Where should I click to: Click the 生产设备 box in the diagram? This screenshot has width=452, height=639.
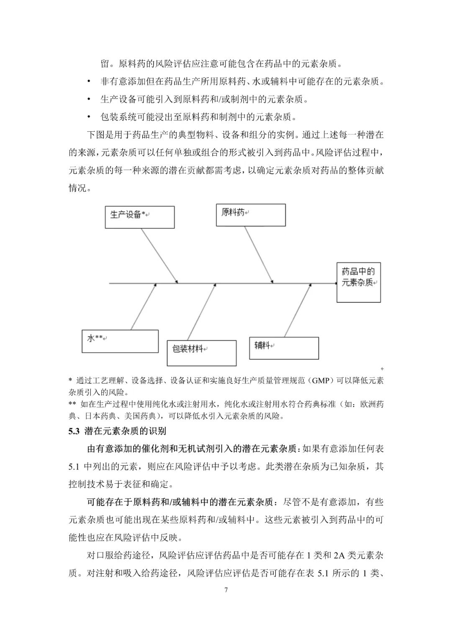(139, 217)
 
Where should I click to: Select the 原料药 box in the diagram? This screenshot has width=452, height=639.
(251, 215)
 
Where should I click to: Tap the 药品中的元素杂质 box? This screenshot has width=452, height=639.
(359, 282)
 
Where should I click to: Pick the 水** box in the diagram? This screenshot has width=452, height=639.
(120, 341)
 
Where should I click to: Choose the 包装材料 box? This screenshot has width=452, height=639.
(202, 352)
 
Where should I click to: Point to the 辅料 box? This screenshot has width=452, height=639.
(284, 348)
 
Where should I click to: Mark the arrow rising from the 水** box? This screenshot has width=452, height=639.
(144, 307)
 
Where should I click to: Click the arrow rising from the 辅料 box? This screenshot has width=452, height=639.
(298, 311)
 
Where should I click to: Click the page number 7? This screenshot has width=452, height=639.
(226, 590)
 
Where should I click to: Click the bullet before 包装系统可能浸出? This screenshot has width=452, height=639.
(89, 117)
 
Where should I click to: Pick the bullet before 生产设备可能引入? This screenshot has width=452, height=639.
(89, 99)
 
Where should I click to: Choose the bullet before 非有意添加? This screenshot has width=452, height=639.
(89, 82)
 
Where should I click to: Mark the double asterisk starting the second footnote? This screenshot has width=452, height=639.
(72, 404)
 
